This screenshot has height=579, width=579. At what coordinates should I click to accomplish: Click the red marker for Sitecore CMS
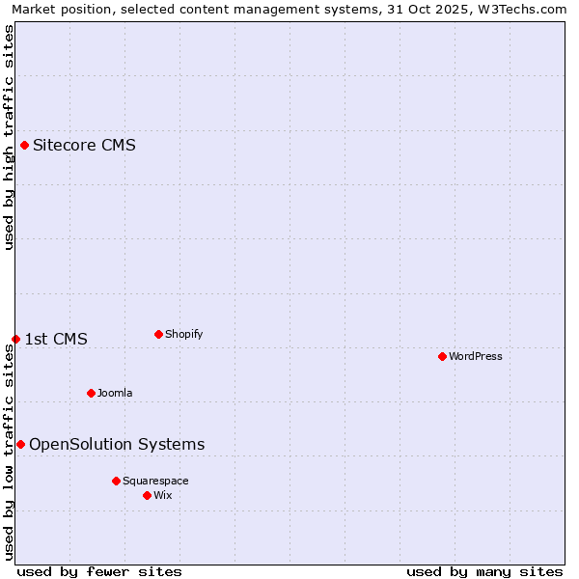click(24, 146)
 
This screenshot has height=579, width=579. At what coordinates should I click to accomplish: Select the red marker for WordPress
click(442, 356)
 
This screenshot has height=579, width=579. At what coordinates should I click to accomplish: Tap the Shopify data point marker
click(158, 335)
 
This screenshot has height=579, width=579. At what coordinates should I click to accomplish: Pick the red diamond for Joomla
click(91, 393)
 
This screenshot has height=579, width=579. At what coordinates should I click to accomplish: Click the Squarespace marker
click(116, 481)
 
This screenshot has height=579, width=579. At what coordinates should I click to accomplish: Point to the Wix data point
click(147, 495)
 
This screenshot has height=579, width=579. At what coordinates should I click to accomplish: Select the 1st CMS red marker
click(15, 339)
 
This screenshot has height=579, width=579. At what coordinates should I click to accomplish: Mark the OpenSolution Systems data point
click(20, 444)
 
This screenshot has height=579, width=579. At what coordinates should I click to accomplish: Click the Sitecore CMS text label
click(84, 146)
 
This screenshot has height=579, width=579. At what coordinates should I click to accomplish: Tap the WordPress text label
click(476, 356)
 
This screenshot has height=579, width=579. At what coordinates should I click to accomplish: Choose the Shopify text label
click(183, 334)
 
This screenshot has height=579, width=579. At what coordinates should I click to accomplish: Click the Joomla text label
click(115, 393)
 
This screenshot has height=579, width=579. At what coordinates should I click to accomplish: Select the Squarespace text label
click(155, 481)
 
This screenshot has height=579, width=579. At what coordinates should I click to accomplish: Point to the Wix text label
click(163, 495)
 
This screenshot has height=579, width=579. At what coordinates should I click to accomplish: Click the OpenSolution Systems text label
click(117, 444)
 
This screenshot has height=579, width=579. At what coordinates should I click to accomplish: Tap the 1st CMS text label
click(56, 339)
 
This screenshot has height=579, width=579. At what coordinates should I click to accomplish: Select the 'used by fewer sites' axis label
click(99, 571)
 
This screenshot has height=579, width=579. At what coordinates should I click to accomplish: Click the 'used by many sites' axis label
click(484, 571)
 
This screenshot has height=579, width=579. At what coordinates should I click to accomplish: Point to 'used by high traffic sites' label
click(9, 137)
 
